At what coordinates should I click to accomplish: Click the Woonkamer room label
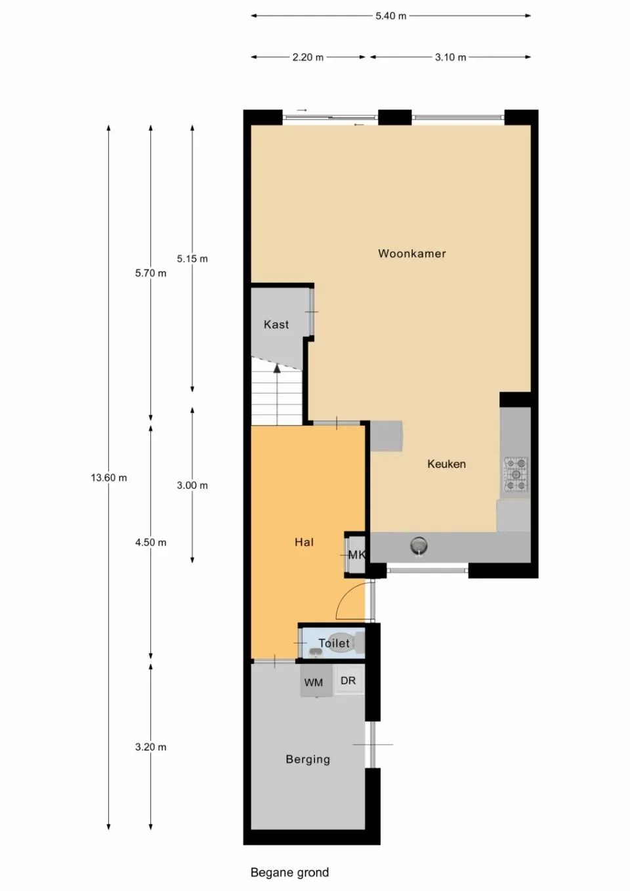[411, 254]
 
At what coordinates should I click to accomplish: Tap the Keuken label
[446, 464]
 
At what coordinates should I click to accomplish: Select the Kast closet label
[276, 325]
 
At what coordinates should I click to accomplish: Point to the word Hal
[304, 542]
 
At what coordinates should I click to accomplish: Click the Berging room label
[308, 759]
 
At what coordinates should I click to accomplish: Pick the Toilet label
[334, 644]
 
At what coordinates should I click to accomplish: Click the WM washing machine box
[314, 682]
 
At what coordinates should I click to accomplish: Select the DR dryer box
[348, 680]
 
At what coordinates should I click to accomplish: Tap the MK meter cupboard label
[356, 555]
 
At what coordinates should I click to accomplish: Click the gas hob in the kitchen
[516, 474]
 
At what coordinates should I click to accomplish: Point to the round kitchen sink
[419, 545]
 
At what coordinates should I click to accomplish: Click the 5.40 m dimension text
[391, 16]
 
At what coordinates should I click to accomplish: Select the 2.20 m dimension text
[308, 57]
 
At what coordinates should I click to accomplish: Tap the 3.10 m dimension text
[450, 57]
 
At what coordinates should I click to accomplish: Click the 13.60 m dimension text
[109, 478]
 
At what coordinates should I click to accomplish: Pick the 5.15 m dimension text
[192, 259]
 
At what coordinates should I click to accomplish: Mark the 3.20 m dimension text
[151, 747]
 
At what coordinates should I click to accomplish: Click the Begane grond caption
[289, 872]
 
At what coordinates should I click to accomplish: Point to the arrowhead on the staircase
[277, 369]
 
